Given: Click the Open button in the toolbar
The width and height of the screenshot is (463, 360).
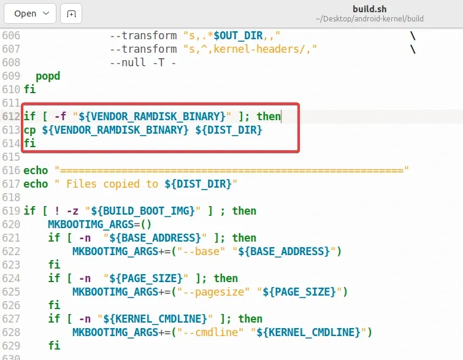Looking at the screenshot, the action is (x=30, y=13).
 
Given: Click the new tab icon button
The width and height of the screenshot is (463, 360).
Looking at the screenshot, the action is (x=71, y=13).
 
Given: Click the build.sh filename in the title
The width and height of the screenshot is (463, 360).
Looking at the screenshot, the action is (x=369, y=9).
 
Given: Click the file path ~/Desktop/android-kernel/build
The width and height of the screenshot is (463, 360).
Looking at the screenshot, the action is (x=369, y=19).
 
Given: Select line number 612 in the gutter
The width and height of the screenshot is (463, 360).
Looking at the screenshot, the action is (x=11, y=117).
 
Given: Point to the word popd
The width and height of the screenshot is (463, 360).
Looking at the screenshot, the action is (x=48, y=76).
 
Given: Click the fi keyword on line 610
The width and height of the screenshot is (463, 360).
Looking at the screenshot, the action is (x=29, y=89).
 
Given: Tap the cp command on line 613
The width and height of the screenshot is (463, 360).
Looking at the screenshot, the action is (x=29, y=130).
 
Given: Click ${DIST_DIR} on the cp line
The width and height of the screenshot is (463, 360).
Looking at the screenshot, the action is (x=229, y=130).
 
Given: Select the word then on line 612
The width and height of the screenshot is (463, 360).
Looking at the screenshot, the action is (x=269, y=117).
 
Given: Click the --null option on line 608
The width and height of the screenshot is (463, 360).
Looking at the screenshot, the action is (x=128, y=63).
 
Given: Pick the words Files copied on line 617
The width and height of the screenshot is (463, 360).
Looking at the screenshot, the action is (x=103, y=184).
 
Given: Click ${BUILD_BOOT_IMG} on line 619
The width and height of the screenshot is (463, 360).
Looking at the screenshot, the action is (x=143, y=211).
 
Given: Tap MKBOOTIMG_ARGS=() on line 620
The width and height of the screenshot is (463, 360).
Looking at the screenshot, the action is (x=99, y=224).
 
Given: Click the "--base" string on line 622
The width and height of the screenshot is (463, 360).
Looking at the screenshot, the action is (x=201, y=251).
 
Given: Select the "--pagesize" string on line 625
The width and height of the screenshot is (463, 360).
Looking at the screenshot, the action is (x=213, y=292).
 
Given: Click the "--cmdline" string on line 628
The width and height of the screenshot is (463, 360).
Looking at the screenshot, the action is (x=210, y=332).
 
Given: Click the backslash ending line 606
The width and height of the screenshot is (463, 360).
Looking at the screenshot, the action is (x=413, y=36).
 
